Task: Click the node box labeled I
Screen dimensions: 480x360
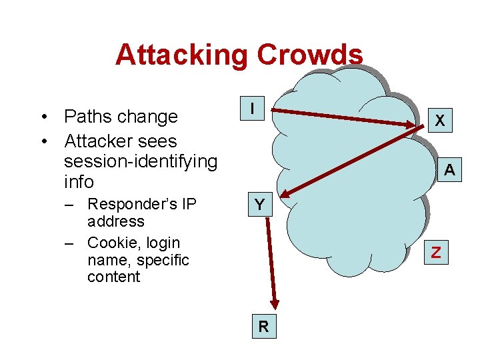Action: (x=253, y=107)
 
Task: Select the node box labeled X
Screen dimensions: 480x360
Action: (x=439, y=121)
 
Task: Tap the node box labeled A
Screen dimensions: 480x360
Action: (x=450, y=170)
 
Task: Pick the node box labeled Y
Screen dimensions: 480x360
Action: (x=259, y=205)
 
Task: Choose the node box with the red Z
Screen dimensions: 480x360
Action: (x=436, y=252)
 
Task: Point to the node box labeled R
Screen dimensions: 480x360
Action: (x=264, y=327)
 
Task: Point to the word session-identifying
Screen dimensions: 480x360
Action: (x=141, y=161)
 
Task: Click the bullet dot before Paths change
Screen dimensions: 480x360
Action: (x=43, y=117)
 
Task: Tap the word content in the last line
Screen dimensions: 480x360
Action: (x=113, y=277)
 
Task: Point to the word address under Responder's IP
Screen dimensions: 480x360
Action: (x=115, y=221)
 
